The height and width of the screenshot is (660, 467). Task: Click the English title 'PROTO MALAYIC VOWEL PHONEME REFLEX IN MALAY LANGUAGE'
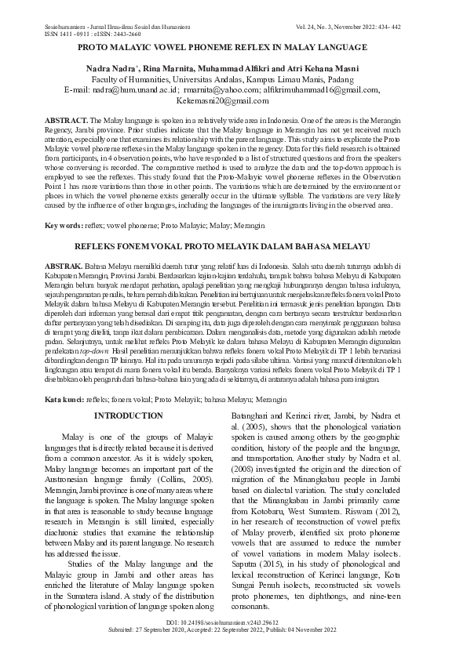[x=233, y=47]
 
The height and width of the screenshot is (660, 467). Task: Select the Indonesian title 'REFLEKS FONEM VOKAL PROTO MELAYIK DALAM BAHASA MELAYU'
[x=233, y=246]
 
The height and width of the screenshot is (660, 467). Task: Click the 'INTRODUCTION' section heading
[x=128, y=415]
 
